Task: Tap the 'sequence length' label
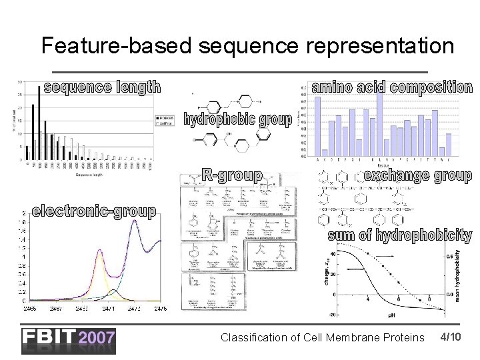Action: point(102,87)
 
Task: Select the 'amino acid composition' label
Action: point(392,87)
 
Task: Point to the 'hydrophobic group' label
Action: point(238,120)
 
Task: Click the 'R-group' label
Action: point(232,175)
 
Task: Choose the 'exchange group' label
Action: point(417,176)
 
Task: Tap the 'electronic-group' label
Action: point(94,211)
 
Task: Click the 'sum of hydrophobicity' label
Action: point(399,235)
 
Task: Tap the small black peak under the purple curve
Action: point(113,291)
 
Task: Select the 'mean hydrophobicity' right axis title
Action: point(458,277)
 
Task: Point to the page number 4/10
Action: point(451,337)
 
